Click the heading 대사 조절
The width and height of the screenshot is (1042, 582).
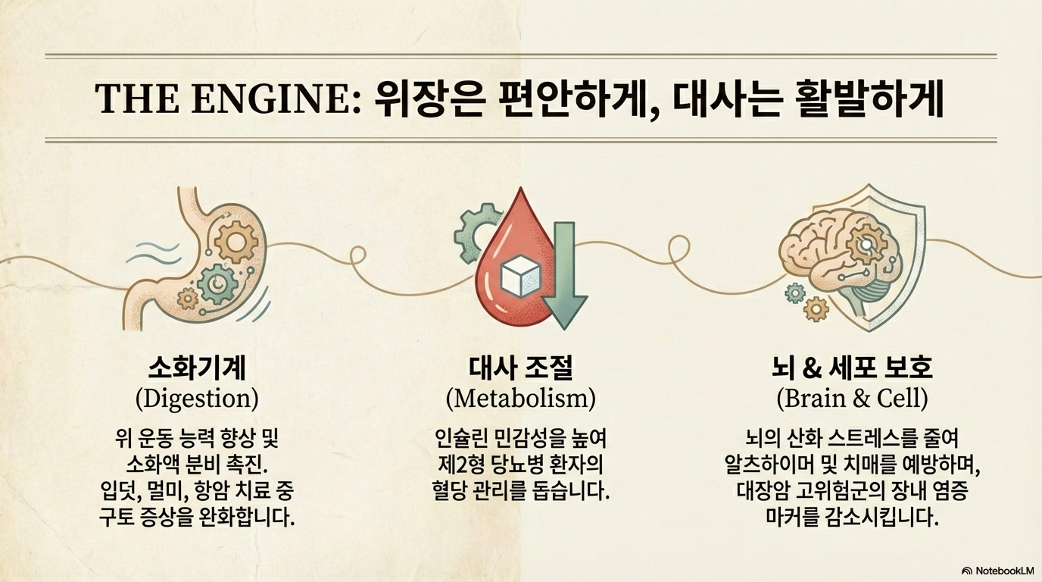521,369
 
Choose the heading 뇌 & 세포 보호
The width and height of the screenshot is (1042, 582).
852,369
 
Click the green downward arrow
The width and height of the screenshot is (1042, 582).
566,280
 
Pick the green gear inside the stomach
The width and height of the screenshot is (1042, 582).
217,283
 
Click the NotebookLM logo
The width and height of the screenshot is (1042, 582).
997,570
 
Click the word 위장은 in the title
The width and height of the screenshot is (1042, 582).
426,100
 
